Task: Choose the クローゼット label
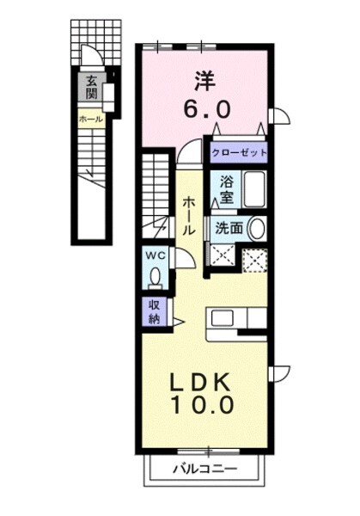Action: [x=240, y=154]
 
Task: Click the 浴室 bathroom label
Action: [x=227, y=189]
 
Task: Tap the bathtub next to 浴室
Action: [x=254, y=189]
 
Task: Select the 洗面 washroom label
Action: [x=229, y=229]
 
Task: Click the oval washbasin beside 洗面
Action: [x=258, y=229]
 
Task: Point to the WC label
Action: [x=154, y=256]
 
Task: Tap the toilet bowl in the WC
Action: [x=155, y=277]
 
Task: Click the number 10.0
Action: [x=205, y=404]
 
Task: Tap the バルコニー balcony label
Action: [x=204, y=470]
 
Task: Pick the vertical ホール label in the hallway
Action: [x=189, y=215]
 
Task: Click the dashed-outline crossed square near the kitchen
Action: [x=253, y=259]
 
